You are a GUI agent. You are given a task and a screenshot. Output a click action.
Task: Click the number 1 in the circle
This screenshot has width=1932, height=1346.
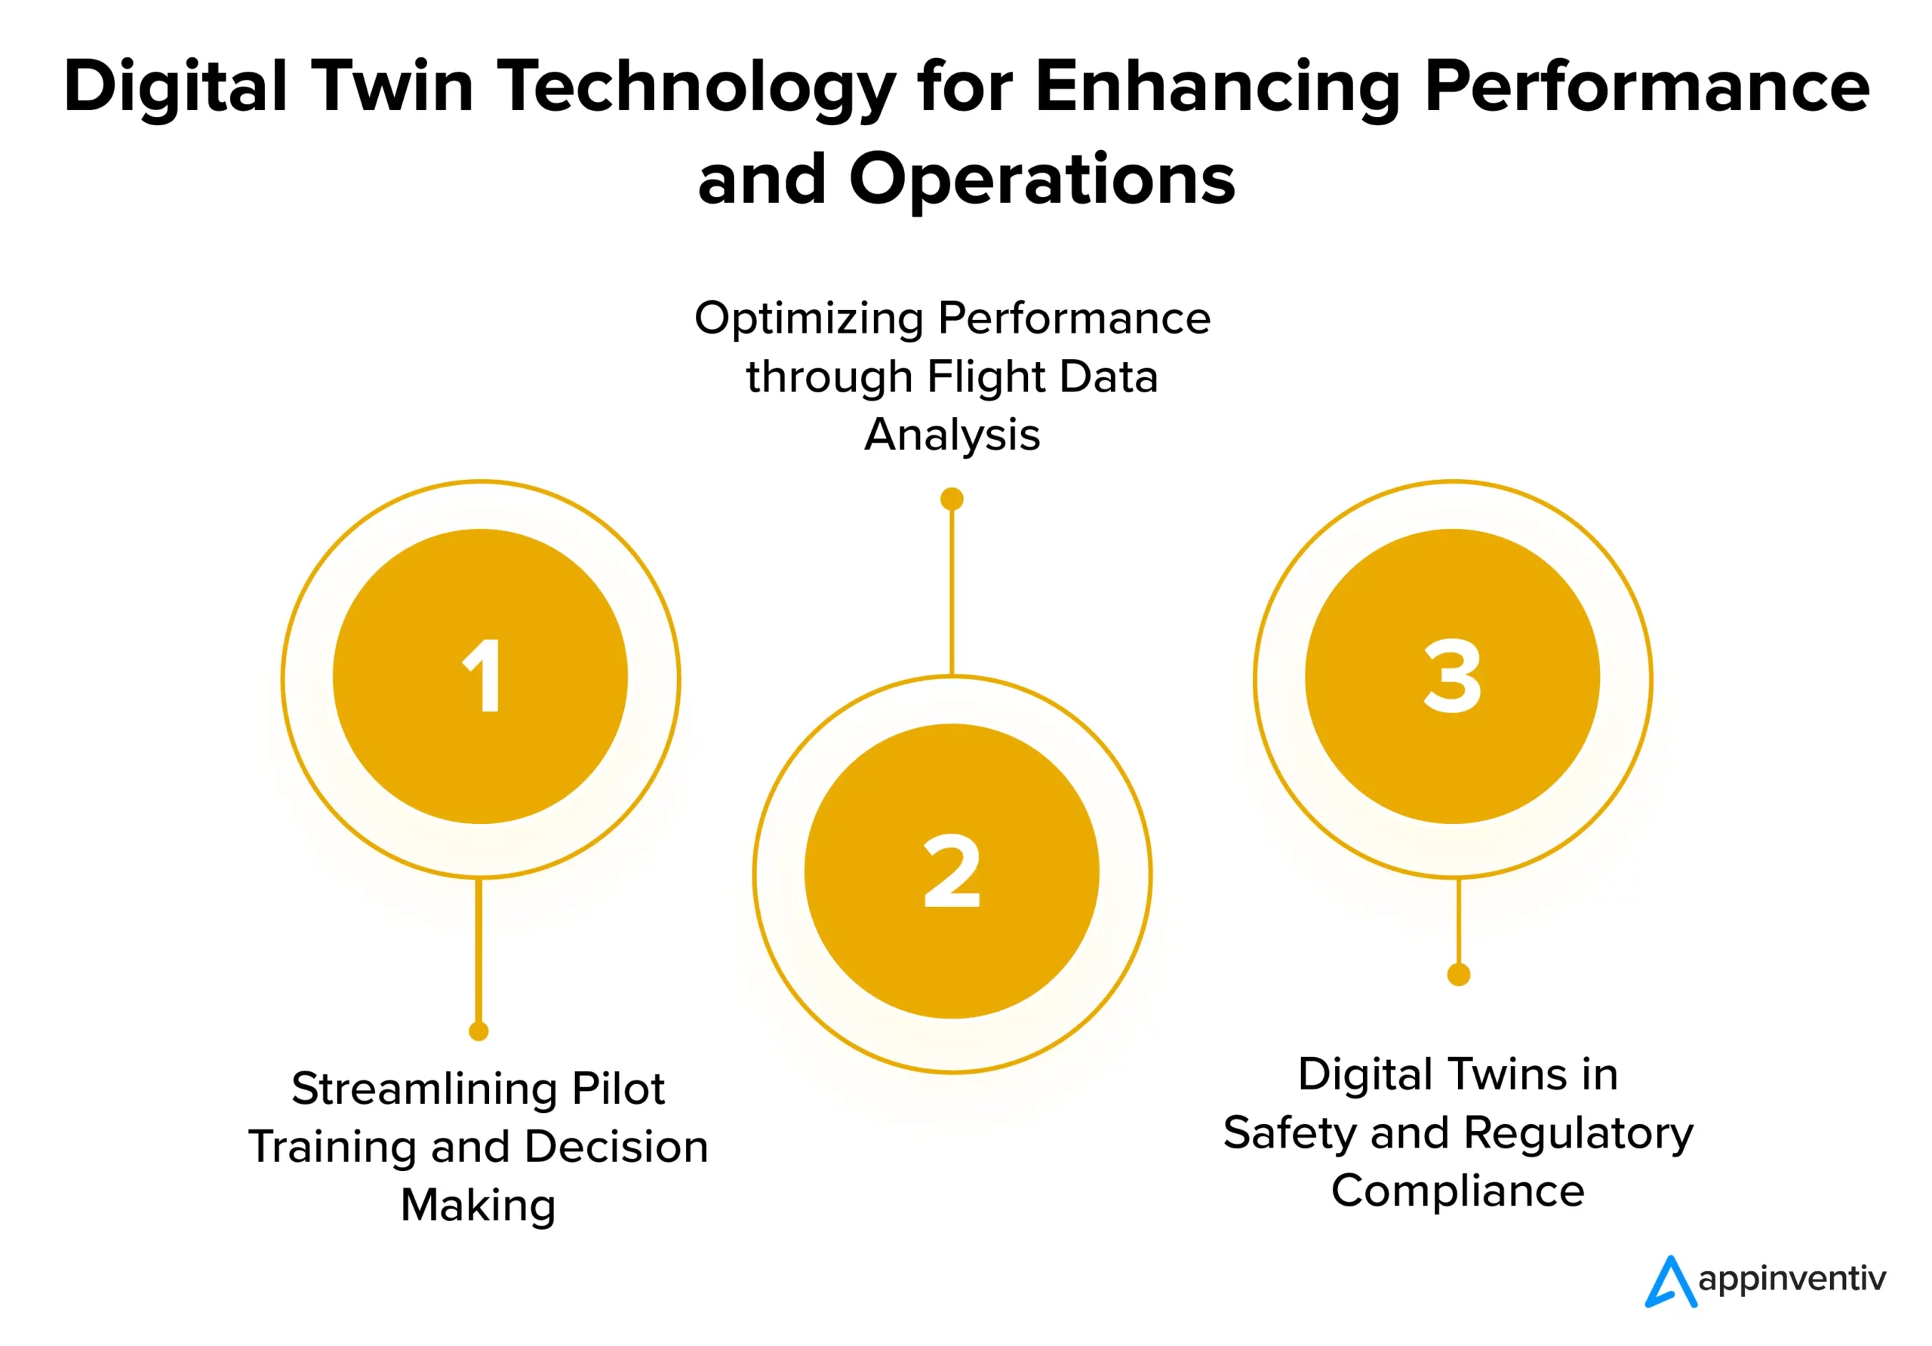[483, 675]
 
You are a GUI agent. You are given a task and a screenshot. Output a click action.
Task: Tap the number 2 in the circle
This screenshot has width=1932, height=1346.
[952, 871]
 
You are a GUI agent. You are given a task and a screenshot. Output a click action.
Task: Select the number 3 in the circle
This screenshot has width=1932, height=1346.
[1452, 675]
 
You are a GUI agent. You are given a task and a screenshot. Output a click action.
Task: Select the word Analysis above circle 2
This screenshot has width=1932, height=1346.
[952, 435]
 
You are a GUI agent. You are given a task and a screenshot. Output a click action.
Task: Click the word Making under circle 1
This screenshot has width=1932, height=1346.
[478, 1205]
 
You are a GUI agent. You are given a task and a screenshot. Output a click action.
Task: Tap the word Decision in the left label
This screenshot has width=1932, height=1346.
[616, 1147]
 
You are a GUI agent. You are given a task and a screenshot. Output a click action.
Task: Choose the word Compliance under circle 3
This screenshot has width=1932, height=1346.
[1457, 1191]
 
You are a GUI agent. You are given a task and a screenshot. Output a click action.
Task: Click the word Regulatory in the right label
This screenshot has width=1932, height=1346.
[1578, 1133]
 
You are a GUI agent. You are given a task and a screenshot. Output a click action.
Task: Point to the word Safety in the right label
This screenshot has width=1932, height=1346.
[1290, 1133]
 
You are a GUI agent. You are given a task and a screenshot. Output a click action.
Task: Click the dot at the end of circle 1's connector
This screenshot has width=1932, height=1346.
[478, 1031]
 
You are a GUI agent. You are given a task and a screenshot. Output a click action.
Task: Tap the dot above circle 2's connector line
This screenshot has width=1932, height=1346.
[952, 499]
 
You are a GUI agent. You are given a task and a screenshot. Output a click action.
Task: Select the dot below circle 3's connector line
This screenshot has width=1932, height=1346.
[1458, 974]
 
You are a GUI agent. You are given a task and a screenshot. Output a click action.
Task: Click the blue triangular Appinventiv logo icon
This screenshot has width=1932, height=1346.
[1669, 1282]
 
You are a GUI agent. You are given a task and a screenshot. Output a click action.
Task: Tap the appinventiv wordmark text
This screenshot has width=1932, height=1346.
[1792, 1280]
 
